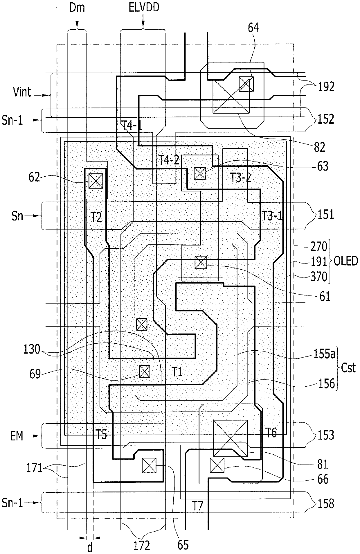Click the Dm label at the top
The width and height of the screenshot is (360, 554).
[77, 8]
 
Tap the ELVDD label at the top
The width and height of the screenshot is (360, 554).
[144, 8]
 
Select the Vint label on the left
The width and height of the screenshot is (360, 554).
[22, 93]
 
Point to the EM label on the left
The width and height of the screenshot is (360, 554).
[17, 436]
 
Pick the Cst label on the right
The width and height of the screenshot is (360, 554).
[348, 368]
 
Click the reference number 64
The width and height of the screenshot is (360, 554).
[253, 28]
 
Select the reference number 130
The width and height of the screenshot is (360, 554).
[32, 349]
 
